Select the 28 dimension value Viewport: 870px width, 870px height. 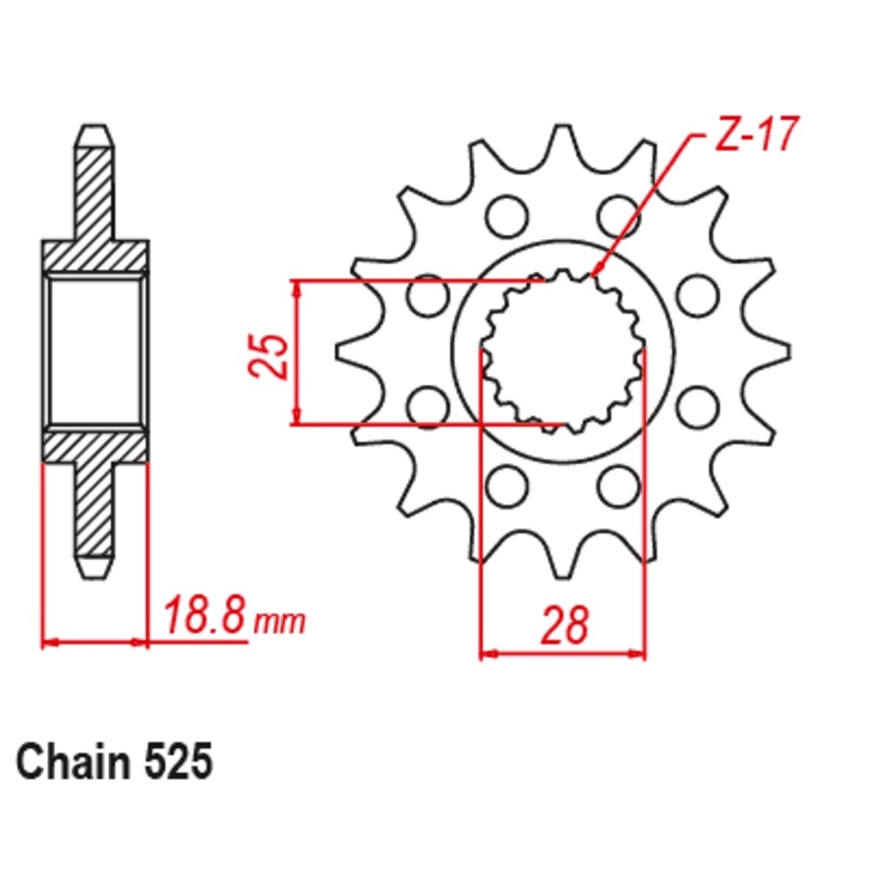[564, 626]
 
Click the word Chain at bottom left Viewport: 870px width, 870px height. [72, 762]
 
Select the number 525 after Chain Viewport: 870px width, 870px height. [178, 762]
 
